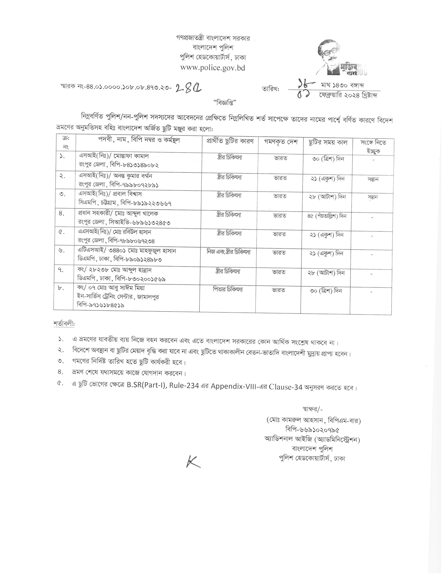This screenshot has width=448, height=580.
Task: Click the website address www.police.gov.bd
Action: click(x=213, y=68)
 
